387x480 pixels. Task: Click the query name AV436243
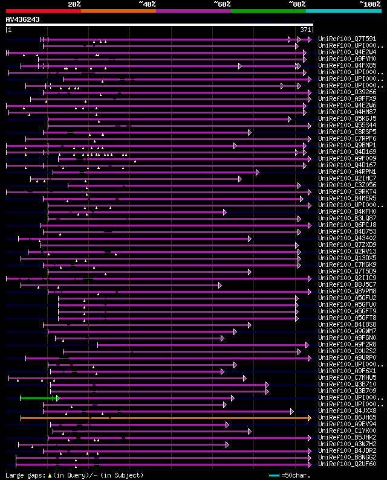[x=22, y=19]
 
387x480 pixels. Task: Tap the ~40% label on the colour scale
[x=147, y=4]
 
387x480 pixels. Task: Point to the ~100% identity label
[x=369, y=4]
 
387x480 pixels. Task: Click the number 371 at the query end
[x=306, y=30]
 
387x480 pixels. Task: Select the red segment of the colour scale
[x=43, y=10]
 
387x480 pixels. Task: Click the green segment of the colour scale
[x=268, y=10]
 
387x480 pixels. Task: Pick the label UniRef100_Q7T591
[x=348, y=39]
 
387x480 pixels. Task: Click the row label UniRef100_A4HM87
[x=348, y=112]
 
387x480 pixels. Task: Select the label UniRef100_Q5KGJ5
[x=348, y=118]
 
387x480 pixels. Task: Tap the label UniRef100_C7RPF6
[x=348, y=138]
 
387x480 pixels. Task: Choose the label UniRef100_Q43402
[x=348, y=238]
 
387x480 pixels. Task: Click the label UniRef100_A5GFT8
[x=348, y=318]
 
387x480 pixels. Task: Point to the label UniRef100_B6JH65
[x=348, y=417]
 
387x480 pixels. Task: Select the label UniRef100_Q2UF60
[x=348, y=464]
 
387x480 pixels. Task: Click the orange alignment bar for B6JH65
[x=163, y=417]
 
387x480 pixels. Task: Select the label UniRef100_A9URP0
[x=348, y=357]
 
